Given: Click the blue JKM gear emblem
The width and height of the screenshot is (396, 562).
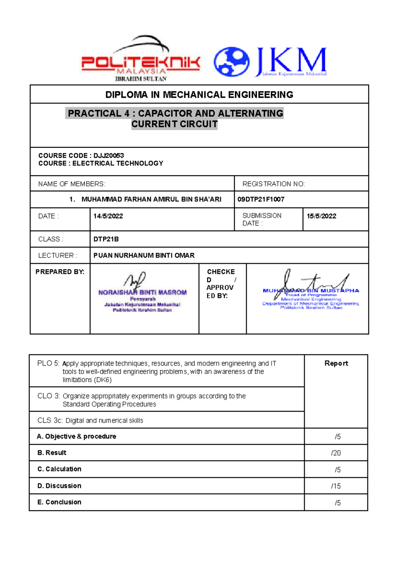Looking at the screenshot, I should coord(232,61).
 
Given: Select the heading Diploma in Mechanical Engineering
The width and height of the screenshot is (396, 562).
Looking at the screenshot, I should coord(199,95).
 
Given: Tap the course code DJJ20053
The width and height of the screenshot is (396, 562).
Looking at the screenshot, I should coord(109,156).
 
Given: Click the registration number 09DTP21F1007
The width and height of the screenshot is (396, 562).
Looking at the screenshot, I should coord(261,199).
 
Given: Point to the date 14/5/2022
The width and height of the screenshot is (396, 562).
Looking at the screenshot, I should coord(108,216).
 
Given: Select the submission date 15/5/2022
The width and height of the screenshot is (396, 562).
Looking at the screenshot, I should coord(321,216).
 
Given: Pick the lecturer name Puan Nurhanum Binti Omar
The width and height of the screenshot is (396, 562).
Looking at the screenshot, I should coord(144,255).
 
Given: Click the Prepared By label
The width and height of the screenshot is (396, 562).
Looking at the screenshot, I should coord(60,272).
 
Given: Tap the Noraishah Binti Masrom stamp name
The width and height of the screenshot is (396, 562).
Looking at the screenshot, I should coord(143,292).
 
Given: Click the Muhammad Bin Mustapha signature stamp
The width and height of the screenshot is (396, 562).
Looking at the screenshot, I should coord(311,291).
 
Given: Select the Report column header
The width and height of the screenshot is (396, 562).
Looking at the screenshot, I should coord(336,363).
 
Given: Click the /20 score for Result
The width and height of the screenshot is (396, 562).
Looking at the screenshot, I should coord(336,453).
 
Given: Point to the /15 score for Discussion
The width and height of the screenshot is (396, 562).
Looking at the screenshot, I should coord(336,486).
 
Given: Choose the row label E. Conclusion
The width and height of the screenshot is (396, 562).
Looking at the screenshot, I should coord(59,502).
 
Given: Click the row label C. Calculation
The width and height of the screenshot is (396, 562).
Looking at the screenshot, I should coord(59,469).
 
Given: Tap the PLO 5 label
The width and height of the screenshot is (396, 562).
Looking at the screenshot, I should coord(48,363).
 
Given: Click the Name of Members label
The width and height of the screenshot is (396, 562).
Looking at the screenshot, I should coord(72,184).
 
